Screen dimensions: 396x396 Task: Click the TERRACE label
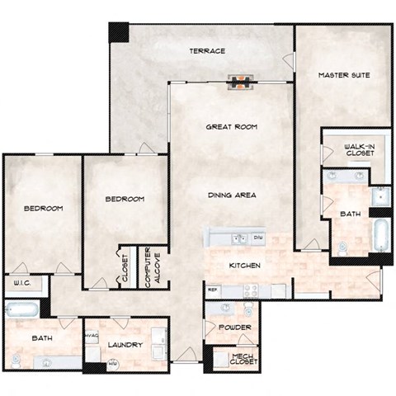click(x=207, y=51)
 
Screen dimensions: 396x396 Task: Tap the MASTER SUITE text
click(x=343, y=75)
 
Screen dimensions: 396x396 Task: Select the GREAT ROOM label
click(x=231, y=127)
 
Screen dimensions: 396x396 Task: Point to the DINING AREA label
click(x=232, y=195)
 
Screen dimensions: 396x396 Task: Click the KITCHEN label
click(x=245, y=266)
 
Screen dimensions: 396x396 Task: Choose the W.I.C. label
click(x=23, y=285)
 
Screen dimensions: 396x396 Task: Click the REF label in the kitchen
click(x=212, y=290)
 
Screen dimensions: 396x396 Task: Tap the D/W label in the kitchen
click(x=257, y=238)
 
